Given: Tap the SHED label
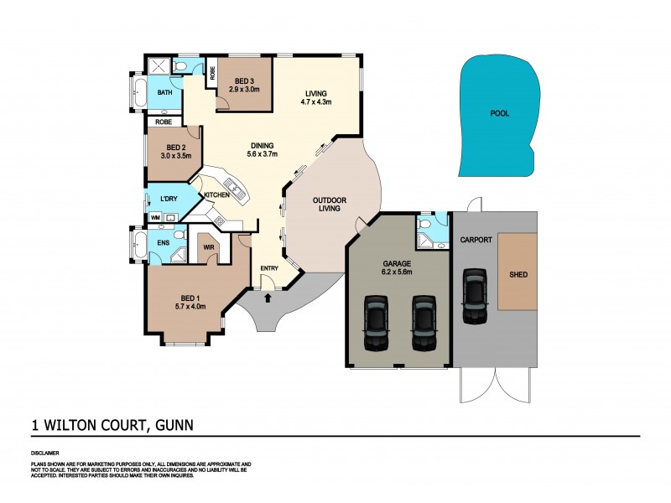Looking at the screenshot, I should pyautogui.click(x=518, y=273).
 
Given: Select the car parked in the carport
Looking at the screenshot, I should pyautogui.click(x=475, y=296).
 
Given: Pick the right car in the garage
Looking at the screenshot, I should pyautogui.click(x=424, y=324).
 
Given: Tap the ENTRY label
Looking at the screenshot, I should pyautogui.click(x=269, y=268).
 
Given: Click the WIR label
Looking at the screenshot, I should pyautogui.click(x=208, y=248).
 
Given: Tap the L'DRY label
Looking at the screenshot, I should pyautogui.click(x=168, y=200).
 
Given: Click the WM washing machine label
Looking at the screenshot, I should pyautogui.click(x=155, y=218).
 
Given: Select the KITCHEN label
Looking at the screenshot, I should pyautogui.click(x=216, y=195).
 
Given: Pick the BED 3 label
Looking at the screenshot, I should pyautogui.click(x=247, y=79).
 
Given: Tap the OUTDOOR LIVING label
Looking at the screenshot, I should pyautogui.click(x=327, y=204).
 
